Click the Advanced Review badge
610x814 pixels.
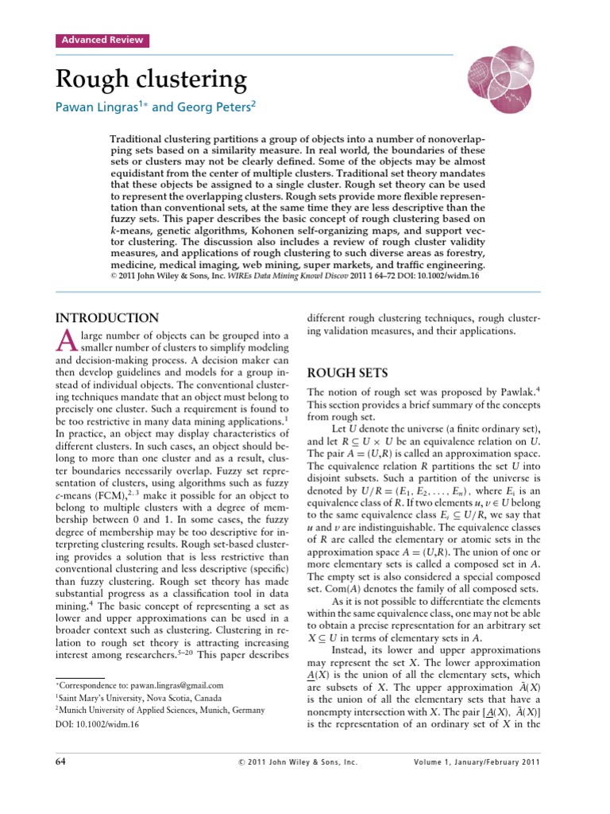pos(101,41)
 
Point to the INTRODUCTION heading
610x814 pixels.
pos(107,317)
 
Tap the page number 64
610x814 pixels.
pos(61,762)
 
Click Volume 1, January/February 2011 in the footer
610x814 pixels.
pos(477,762)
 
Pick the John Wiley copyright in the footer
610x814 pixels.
pos(298,762)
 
